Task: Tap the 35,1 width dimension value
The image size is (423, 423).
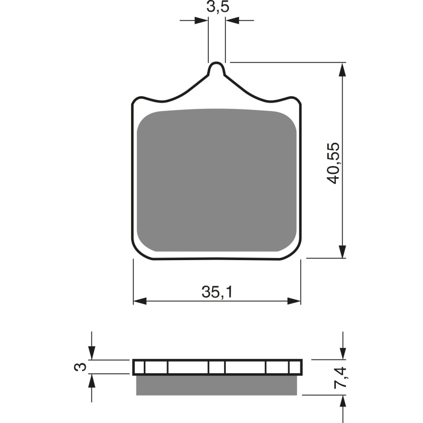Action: point(217,292)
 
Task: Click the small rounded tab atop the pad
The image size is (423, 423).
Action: point(217,69)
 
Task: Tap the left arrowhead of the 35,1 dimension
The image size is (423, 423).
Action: point(139,301)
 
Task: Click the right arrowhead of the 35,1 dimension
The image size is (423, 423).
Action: point(295,301)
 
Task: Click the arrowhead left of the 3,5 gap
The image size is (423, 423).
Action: point(201,21)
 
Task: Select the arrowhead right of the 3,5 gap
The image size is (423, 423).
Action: point(233,21)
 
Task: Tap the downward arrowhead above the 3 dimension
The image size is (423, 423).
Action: point(92,354)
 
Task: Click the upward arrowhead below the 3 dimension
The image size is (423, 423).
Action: point(92,380)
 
